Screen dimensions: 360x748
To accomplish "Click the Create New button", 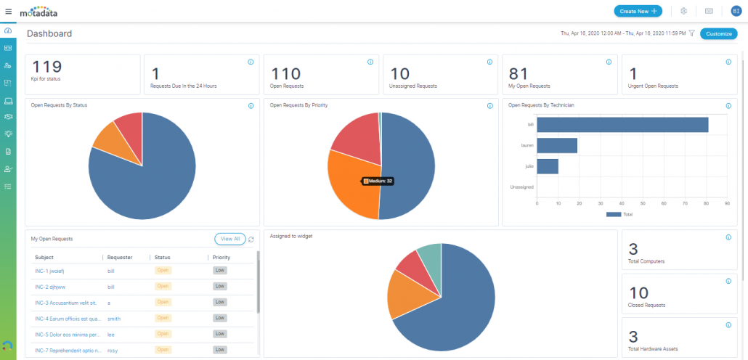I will [638, 11].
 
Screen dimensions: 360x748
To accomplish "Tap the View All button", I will [229, 238].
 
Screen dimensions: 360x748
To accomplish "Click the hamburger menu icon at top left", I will [8, 11].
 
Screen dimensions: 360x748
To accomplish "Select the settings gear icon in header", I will [683, 11].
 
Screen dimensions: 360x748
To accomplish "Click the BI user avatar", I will [736, 11].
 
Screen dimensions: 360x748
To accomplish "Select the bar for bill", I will [622, 125].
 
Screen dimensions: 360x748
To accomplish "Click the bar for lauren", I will [557, 146].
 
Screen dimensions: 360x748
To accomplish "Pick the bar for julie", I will [548, 166].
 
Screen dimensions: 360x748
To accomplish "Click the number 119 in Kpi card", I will [47, 67].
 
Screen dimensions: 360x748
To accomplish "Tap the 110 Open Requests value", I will [285, 73].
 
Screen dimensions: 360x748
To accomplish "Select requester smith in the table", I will [114, 318].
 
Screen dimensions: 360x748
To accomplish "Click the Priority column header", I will [221, 257].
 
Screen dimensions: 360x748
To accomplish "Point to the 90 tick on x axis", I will [727, 203].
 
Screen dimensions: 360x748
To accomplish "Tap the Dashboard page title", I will [49, 33].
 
